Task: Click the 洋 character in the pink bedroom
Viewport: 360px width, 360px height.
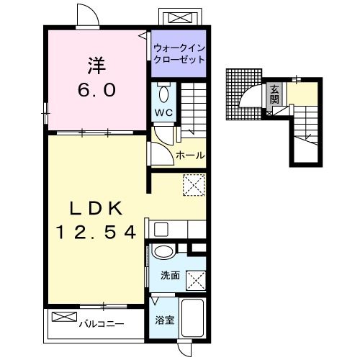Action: tap(96, 66)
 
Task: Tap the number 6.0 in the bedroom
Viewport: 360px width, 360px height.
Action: tap(96, 90)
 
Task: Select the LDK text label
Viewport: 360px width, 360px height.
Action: tap(96, 208)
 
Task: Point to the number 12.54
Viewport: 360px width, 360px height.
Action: tap(96, 232)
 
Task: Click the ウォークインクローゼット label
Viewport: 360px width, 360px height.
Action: tap(179, 53)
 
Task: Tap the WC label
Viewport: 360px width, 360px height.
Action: tap(163, 112)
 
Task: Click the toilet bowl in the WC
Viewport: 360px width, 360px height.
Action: tap(164, 94)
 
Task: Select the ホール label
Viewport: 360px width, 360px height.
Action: tap(190, 156)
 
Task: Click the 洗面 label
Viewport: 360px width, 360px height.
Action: tap(170, 276)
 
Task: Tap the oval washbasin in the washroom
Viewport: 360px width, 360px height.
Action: tap(163, 251)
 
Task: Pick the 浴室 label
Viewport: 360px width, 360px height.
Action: tap(164, 320)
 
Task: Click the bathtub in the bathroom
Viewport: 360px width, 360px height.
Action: tap(193, 318)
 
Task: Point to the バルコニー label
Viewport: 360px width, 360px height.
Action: tap(102, 325)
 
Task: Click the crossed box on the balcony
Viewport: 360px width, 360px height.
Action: tap(64, 317)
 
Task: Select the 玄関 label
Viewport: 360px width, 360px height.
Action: tap(274, 94)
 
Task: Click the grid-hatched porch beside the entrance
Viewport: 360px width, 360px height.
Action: tap(244, 94)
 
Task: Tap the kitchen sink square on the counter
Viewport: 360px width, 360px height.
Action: tap(161, 229)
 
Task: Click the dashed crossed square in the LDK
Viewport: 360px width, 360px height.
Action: tap(194, 185)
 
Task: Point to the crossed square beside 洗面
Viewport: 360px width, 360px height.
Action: tap(196, 281)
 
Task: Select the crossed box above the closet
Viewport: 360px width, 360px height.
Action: tap(180, 18)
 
